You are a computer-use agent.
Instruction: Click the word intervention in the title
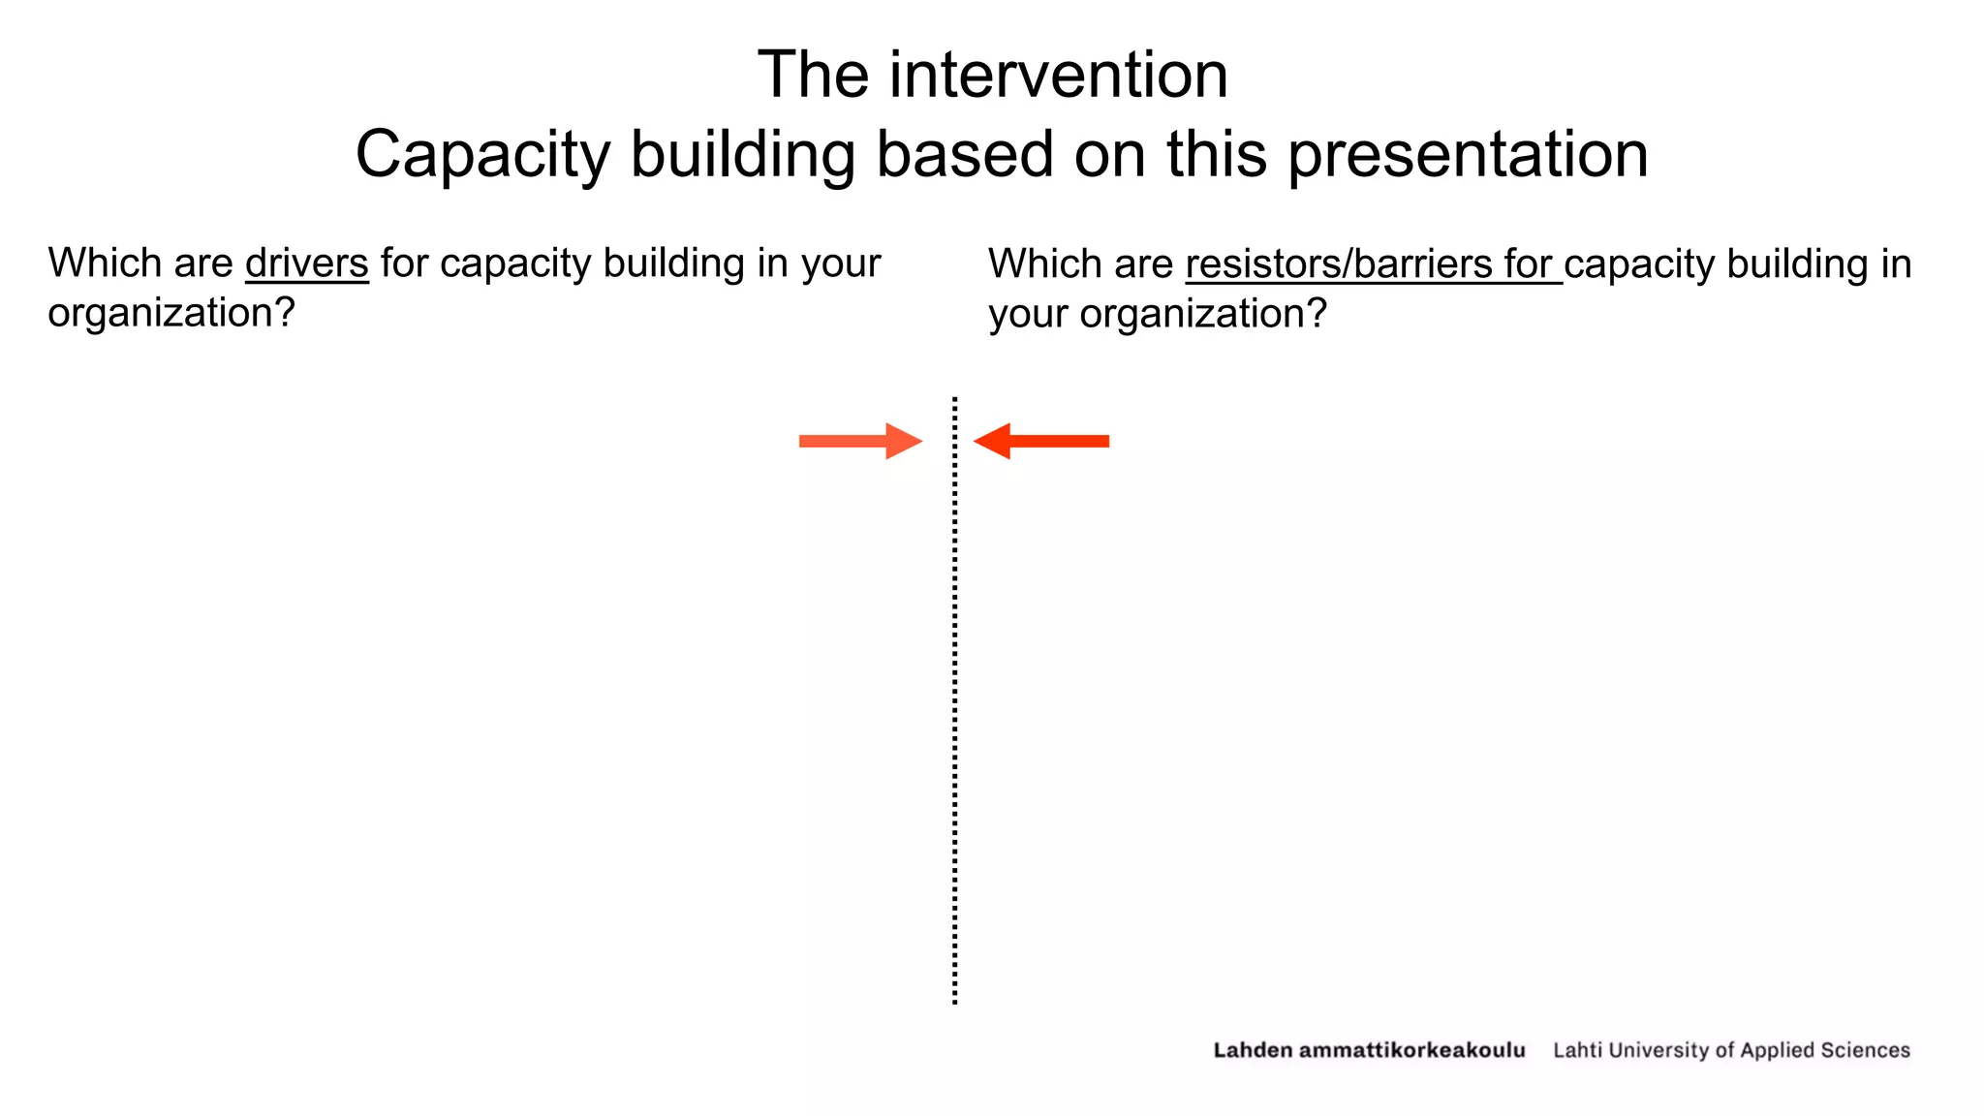pyautogui.click(x=1059, y=76)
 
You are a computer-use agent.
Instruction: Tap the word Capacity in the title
pyautogui.click(x=482, y=155)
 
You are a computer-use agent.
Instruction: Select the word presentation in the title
pyautogui.click(x=1468, y=155)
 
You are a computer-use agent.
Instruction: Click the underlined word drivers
pyautogui.click(x=307, y=263)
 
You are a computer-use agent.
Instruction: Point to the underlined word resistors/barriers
pyautogui.click(x=1339, y=264)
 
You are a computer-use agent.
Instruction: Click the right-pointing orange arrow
pyautogui.click(x=860, y=442)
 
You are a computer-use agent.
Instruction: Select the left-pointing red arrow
pyautogui.click(x=1041, y=442)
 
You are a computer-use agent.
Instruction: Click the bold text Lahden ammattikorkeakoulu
pyautogui.click(x=1369, y=1050)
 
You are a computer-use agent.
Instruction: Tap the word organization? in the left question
pyautogui.click(x=171, y=314)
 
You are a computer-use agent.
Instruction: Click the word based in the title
pyautogui.click(x=964, y=155)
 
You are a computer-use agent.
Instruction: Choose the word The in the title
pyautogui.click(x=812, y=76)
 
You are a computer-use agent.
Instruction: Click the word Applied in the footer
pyautogui.click(x=1777, y=1050)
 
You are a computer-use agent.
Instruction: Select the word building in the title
pyautogui.click(x=743, y=155)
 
